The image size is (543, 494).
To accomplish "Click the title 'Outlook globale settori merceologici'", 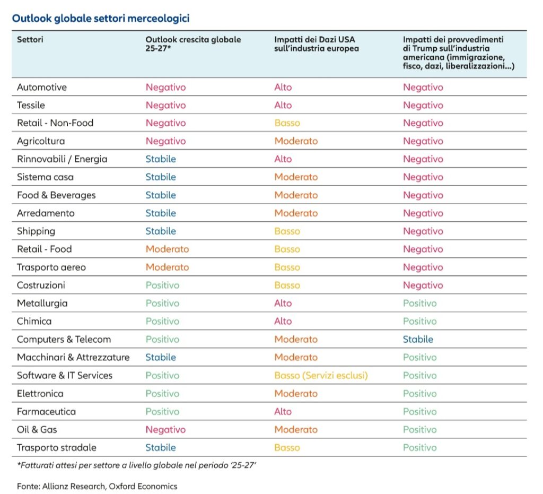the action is pyautogui.click(x=101, y=19).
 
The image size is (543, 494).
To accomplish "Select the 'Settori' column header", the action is pyautogui.click(x=30, y=39).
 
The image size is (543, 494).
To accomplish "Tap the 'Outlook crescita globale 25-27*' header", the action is pyautogui.click(x=193, y=44).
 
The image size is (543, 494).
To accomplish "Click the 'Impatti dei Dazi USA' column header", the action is pyautogui.click(x=317, y=44).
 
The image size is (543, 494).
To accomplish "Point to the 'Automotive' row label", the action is pyautogui.click(x=42, y=88).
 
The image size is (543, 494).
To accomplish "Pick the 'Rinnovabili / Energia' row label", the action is pyautogui.click(x=62, y=159).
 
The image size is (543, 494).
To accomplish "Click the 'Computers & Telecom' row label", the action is pyautogui.click(x=64, y=340).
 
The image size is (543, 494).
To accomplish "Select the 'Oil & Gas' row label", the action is pyautogui.click(x=37, y=430).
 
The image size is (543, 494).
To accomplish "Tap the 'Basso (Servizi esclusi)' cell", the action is pyautogui.click(x=321, y=376).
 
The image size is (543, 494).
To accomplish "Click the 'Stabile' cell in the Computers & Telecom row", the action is pyautogui.click(x=418, y=340).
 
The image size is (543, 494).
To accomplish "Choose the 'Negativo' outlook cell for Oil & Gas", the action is pyautogui.click(x=165, y=430).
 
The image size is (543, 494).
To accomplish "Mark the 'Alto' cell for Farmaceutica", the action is pyautogui.click(x=283, y=412).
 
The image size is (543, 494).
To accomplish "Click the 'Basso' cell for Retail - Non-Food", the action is pyautogui.click(x=287, y=123).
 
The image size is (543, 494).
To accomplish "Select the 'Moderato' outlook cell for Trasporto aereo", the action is pyautogui.click(x=167, y=267).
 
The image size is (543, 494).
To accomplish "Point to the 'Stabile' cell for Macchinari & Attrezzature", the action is pyautogui.click(x=161, y=358).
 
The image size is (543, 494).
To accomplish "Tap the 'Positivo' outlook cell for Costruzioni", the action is pyautogui.click(x=162, y=285).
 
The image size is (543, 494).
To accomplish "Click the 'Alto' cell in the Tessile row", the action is pyautogui.click(x=283, y=105).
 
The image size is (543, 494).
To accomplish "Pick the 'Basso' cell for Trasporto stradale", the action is pyautogui.click(x=287, y=448).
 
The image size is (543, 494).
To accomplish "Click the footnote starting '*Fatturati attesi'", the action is pyautogui.click(x=136, y=465).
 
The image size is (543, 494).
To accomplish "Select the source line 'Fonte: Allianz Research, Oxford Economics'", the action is pyautogui.click(x=97, y=487).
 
